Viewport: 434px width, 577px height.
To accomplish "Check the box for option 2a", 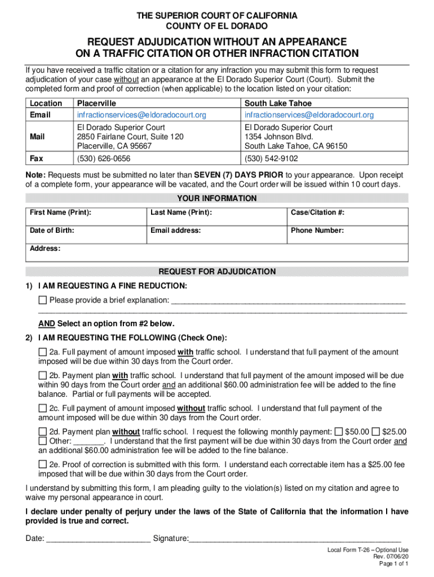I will pos(43,352).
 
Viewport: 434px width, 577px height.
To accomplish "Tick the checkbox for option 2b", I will pos(43,375).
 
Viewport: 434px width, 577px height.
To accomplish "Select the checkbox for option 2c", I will pos(43,408).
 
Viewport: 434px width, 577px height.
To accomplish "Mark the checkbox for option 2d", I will pos(43,432).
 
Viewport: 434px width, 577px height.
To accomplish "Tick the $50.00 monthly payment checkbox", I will pos(338,432).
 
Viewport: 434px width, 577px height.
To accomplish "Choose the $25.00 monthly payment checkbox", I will pos(376,432).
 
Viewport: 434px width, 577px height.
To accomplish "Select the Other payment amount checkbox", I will pos(43,441).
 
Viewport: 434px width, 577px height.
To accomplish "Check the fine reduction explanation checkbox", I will pos(43,299).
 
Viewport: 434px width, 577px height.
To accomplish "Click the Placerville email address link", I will pos(141,115).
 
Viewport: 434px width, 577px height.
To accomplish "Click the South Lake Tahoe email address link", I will pos(309,115).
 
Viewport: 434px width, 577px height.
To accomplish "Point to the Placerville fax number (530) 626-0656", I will pos(104,159).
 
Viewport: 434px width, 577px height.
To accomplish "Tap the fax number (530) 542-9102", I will pos(271,159).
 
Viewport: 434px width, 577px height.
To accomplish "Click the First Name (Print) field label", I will pos(61,212).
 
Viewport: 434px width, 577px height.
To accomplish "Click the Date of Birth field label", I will pos(52,230).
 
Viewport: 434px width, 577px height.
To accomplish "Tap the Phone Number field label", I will pos(317,230).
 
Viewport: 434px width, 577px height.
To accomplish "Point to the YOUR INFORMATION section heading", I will pos(217,198).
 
